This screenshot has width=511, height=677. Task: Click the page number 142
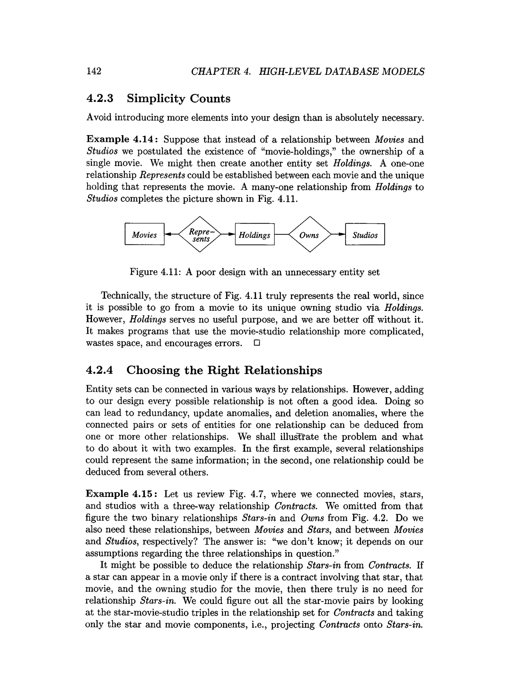tap(94, 71)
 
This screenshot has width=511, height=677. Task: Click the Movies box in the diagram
tap(144, 234)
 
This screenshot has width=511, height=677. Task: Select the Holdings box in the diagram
tap(254, 234)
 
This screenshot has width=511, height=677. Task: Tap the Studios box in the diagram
tap(365, 234)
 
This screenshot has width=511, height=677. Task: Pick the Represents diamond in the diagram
tap(200, 234)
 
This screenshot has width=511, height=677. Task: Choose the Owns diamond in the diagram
tap(309, 234)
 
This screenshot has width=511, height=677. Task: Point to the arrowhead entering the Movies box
tap(167, 234)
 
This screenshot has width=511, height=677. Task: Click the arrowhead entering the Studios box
tap(342, 234)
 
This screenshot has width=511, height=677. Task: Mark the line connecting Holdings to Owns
tap(281, 234)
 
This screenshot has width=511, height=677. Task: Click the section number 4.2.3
tap(100, 99)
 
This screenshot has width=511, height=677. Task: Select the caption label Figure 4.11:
tap(155, 272)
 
